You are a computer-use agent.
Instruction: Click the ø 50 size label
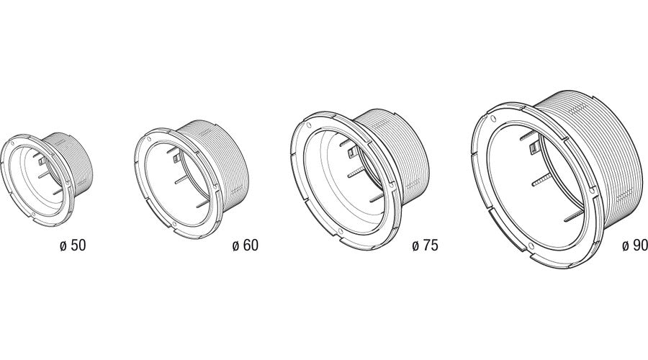click(73, 245)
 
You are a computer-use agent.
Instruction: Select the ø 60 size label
click(245, 245)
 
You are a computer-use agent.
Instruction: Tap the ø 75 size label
click(425, 245)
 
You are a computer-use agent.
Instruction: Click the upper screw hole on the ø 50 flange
click(12, 144)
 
